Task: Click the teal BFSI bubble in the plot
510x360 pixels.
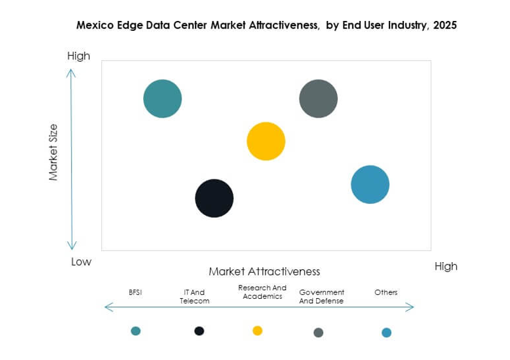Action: click(x=162, y=98)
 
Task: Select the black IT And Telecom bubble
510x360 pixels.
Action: click(x=214, y=198)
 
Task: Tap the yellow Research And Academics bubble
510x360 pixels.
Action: click(x=266, y=141)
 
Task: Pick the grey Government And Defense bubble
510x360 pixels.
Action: click(x=318, y=98)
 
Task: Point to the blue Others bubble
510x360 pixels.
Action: click(x=370, y=185)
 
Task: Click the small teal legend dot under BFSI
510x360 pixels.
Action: click(x=136, y=331)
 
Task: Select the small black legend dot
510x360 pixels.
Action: click(x=199, y=331)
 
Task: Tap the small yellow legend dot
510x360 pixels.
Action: click(x=257, y=330)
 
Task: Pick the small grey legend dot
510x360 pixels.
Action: click(x=318, y=333)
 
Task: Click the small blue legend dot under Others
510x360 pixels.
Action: click(x=387, y=333)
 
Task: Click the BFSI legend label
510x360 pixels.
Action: click(x=135, y=292)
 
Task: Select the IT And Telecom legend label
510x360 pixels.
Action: click(x=194, y=297)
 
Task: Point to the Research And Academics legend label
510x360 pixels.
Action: click(x=263, y=292)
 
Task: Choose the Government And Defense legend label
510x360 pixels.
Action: click(x=321, y=297)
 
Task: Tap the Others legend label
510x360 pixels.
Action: click(x=386, y=292)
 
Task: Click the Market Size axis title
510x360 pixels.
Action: click(x=54, y=152)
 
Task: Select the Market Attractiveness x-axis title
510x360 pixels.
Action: click(x=264, y=271)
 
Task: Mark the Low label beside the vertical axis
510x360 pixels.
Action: click(x=82, y=262)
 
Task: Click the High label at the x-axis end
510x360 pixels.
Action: click(x=446, y=266)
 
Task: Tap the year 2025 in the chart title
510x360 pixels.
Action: click(x=444, y=26)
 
